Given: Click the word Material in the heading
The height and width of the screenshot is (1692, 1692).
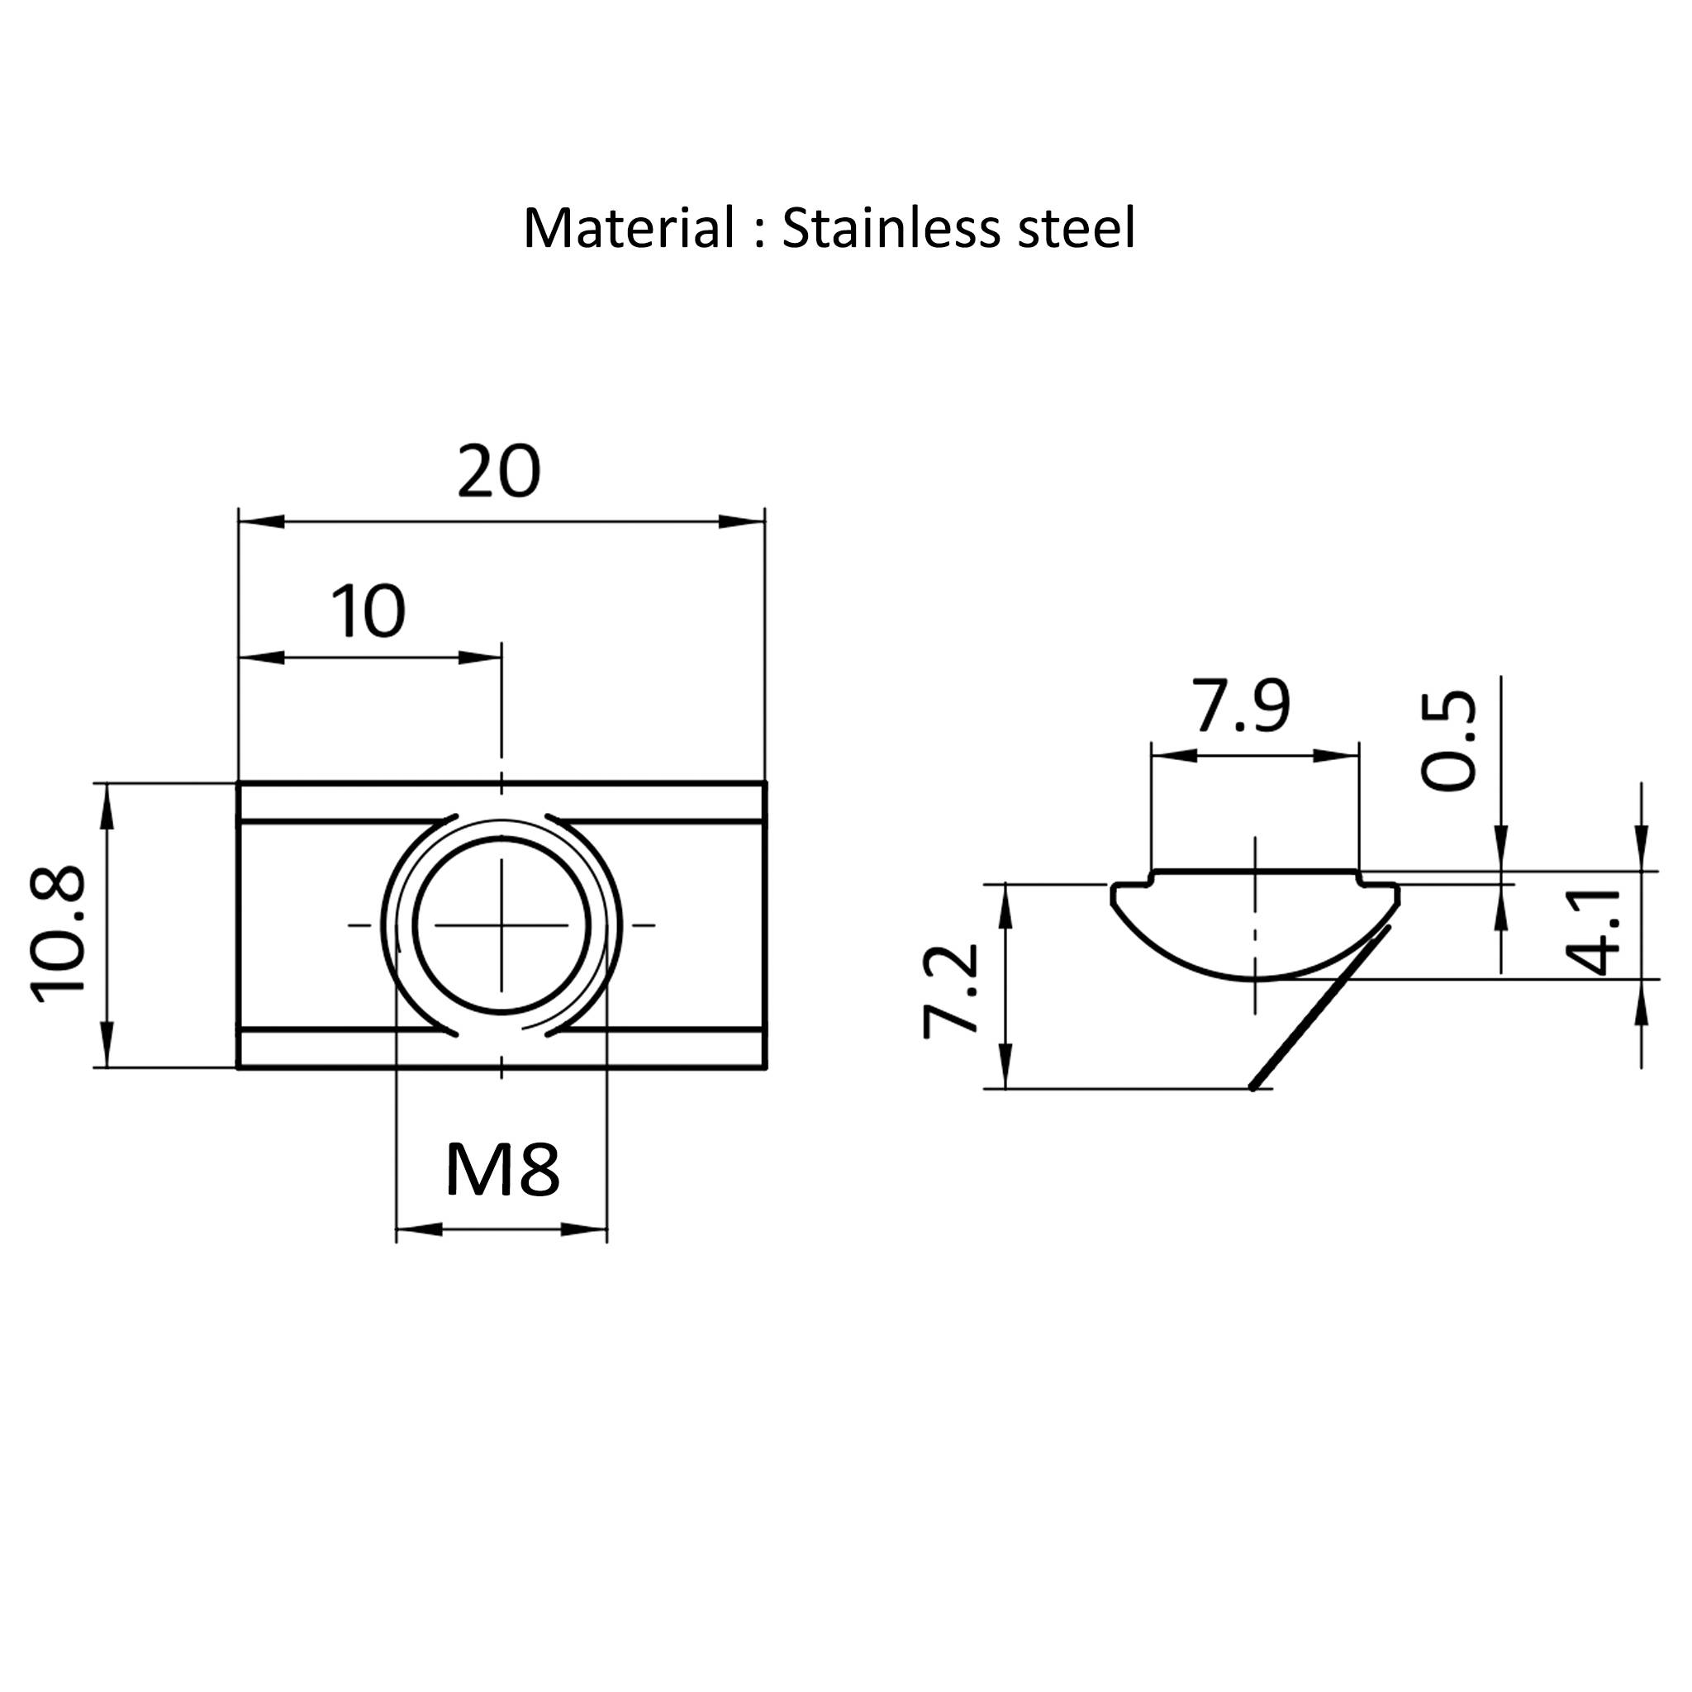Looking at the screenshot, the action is pos(629,228).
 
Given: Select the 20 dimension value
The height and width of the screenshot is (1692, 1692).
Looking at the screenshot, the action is pos(499,471).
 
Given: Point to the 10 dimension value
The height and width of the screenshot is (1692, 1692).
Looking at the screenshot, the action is pos(368,611).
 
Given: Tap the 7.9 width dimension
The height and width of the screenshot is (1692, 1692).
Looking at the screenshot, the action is pos(1243,706).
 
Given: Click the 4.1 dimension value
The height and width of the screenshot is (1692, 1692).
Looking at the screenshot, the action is pos(1593,931).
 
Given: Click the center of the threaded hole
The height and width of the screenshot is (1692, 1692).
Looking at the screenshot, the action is pos(501,924).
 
